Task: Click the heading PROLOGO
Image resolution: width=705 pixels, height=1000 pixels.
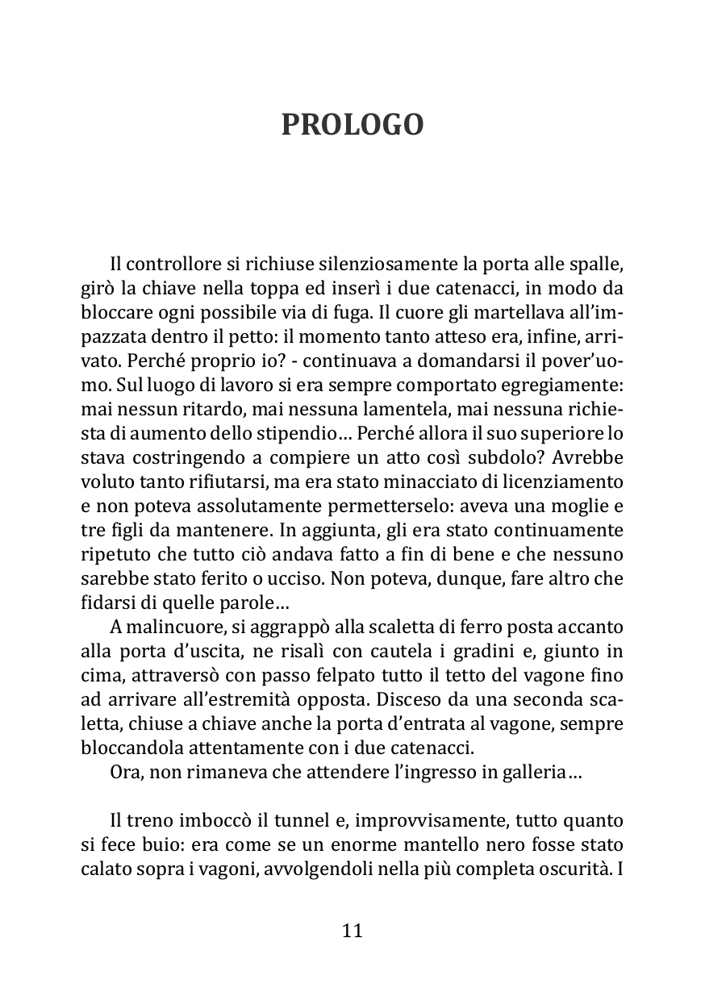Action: [352, 125]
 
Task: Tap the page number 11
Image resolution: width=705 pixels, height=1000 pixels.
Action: [352, 930]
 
